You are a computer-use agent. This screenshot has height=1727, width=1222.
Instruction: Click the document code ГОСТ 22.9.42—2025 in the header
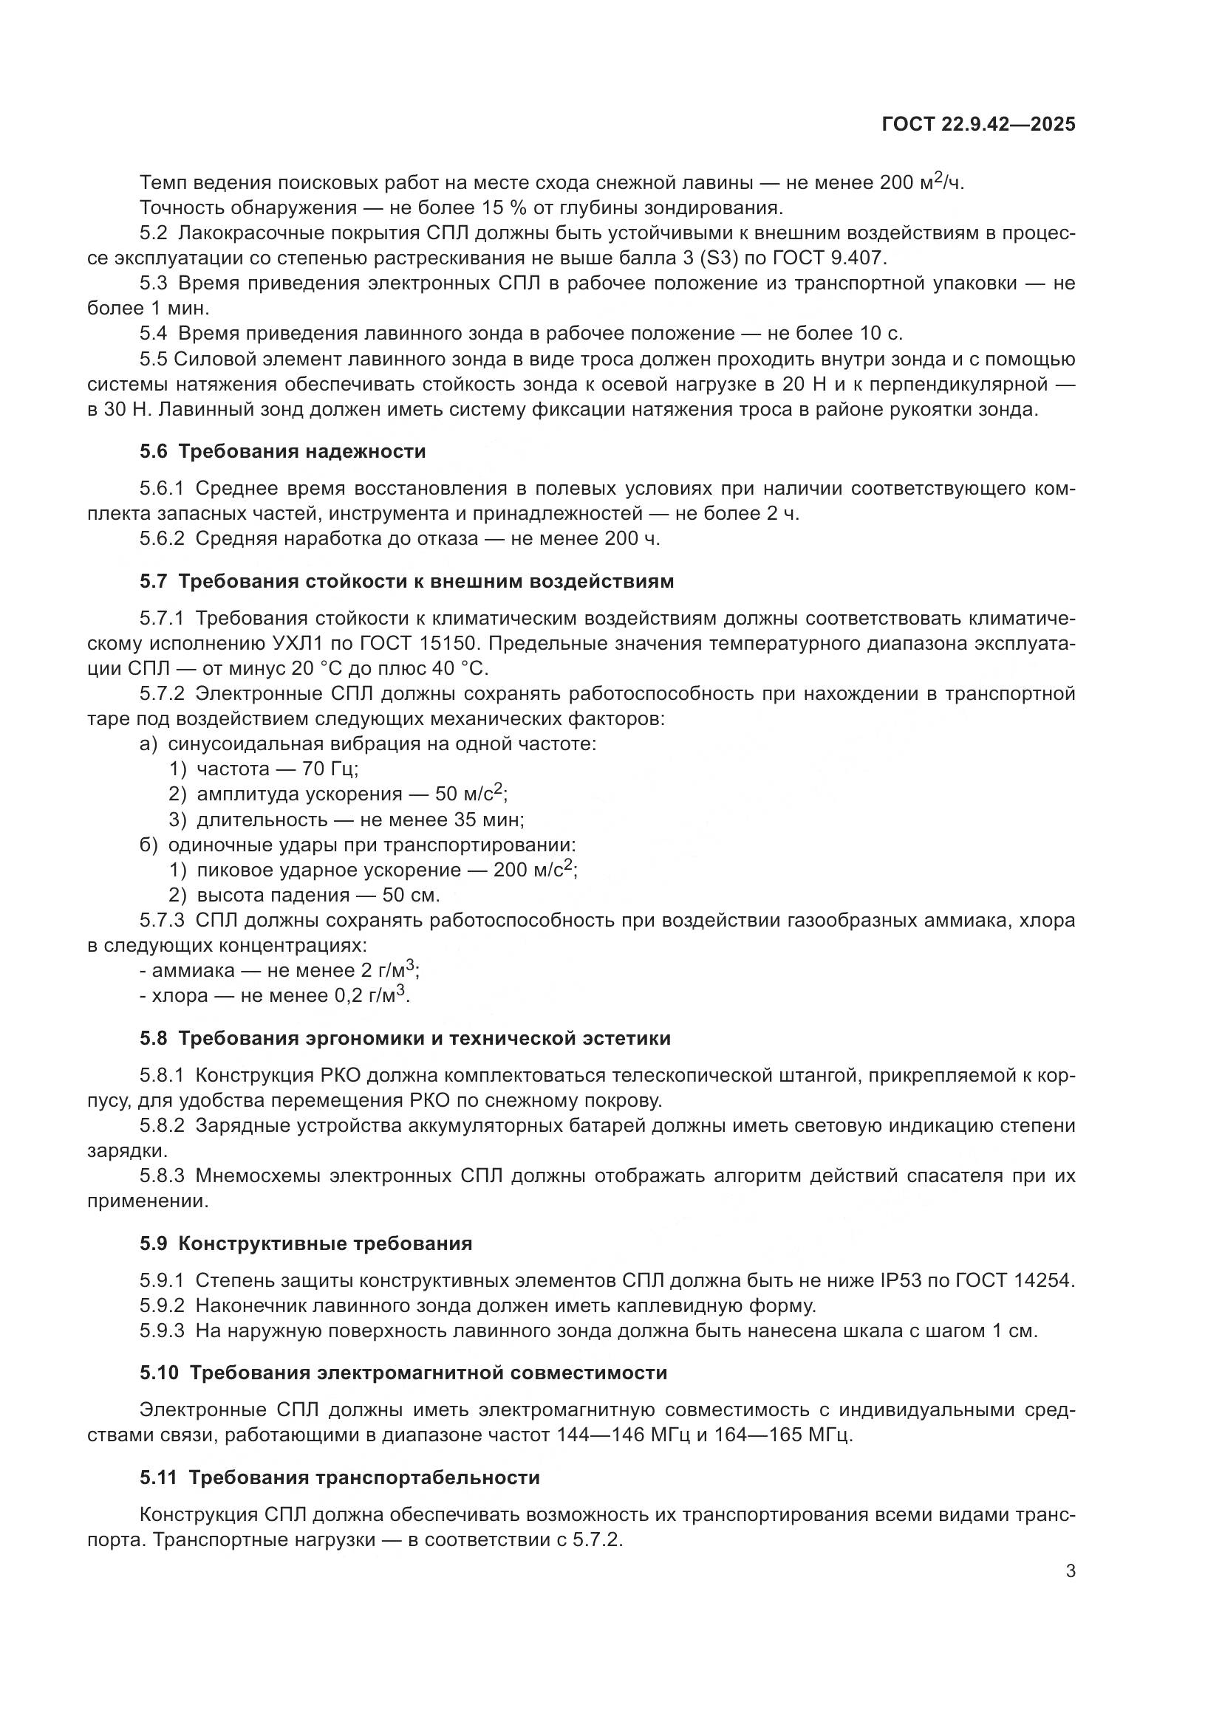(978, 125)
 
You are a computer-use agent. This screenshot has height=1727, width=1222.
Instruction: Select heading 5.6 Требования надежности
(282, 451)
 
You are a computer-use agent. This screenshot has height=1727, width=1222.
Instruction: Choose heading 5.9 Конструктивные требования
(306, 1243)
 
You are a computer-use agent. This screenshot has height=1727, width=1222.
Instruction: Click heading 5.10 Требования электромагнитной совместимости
(403, 1373)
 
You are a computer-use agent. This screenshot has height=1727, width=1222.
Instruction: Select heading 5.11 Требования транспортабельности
(339, 1477)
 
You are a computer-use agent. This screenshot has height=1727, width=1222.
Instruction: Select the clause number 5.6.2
(162, 538)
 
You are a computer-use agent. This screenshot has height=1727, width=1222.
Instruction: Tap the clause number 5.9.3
(162, 1331)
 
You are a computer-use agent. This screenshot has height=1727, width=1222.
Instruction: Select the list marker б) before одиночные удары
(149, 845)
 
